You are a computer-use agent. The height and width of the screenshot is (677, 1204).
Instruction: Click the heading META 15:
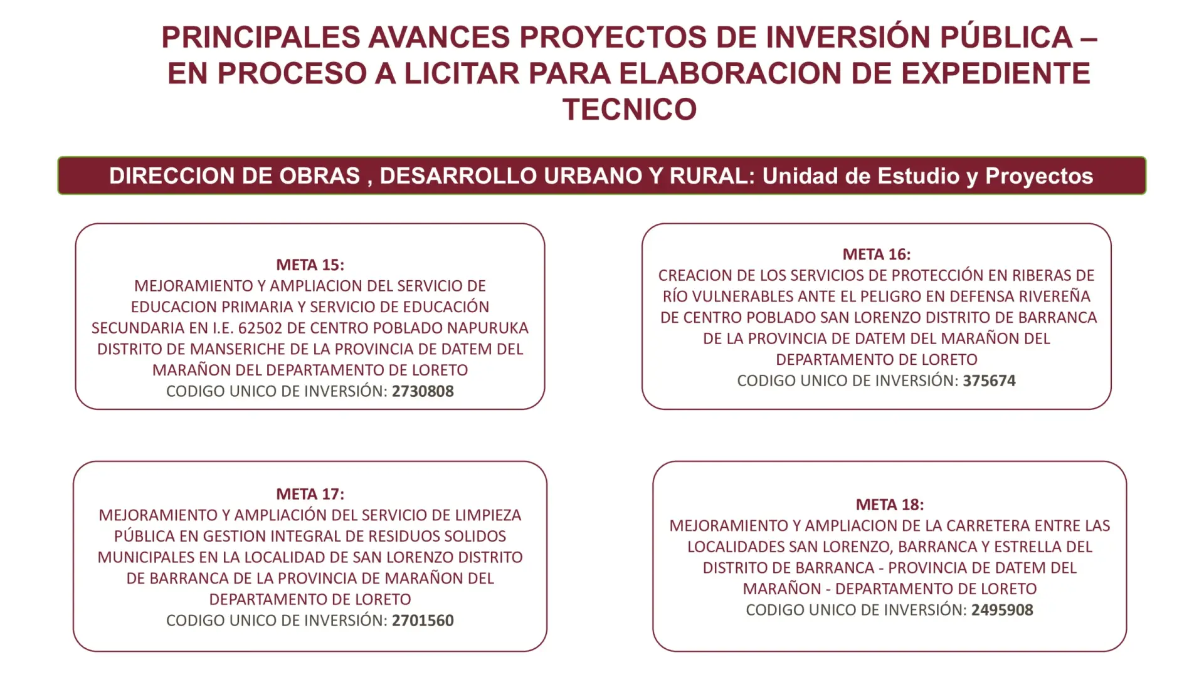(310, 265)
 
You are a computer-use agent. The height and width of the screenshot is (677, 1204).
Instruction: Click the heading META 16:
(877, 254)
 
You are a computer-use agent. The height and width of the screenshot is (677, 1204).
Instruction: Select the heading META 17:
(310, 494)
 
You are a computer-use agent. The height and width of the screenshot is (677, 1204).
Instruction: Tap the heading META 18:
(890, 505)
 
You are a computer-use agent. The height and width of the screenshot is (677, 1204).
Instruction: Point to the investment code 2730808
(423, 391)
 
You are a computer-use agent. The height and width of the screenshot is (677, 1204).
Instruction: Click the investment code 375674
(989, 380)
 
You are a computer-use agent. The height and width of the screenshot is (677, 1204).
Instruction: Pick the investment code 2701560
(423, 621)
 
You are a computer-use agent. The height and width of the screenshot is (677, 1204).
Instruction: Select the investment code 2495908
(1002, 610)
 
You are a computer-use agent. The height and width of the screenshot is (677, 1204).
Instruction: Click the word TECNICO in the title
(630, 110)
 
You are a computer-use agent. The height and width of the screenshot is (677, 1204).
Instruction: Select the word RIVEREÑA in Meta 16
(1055, 296)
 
